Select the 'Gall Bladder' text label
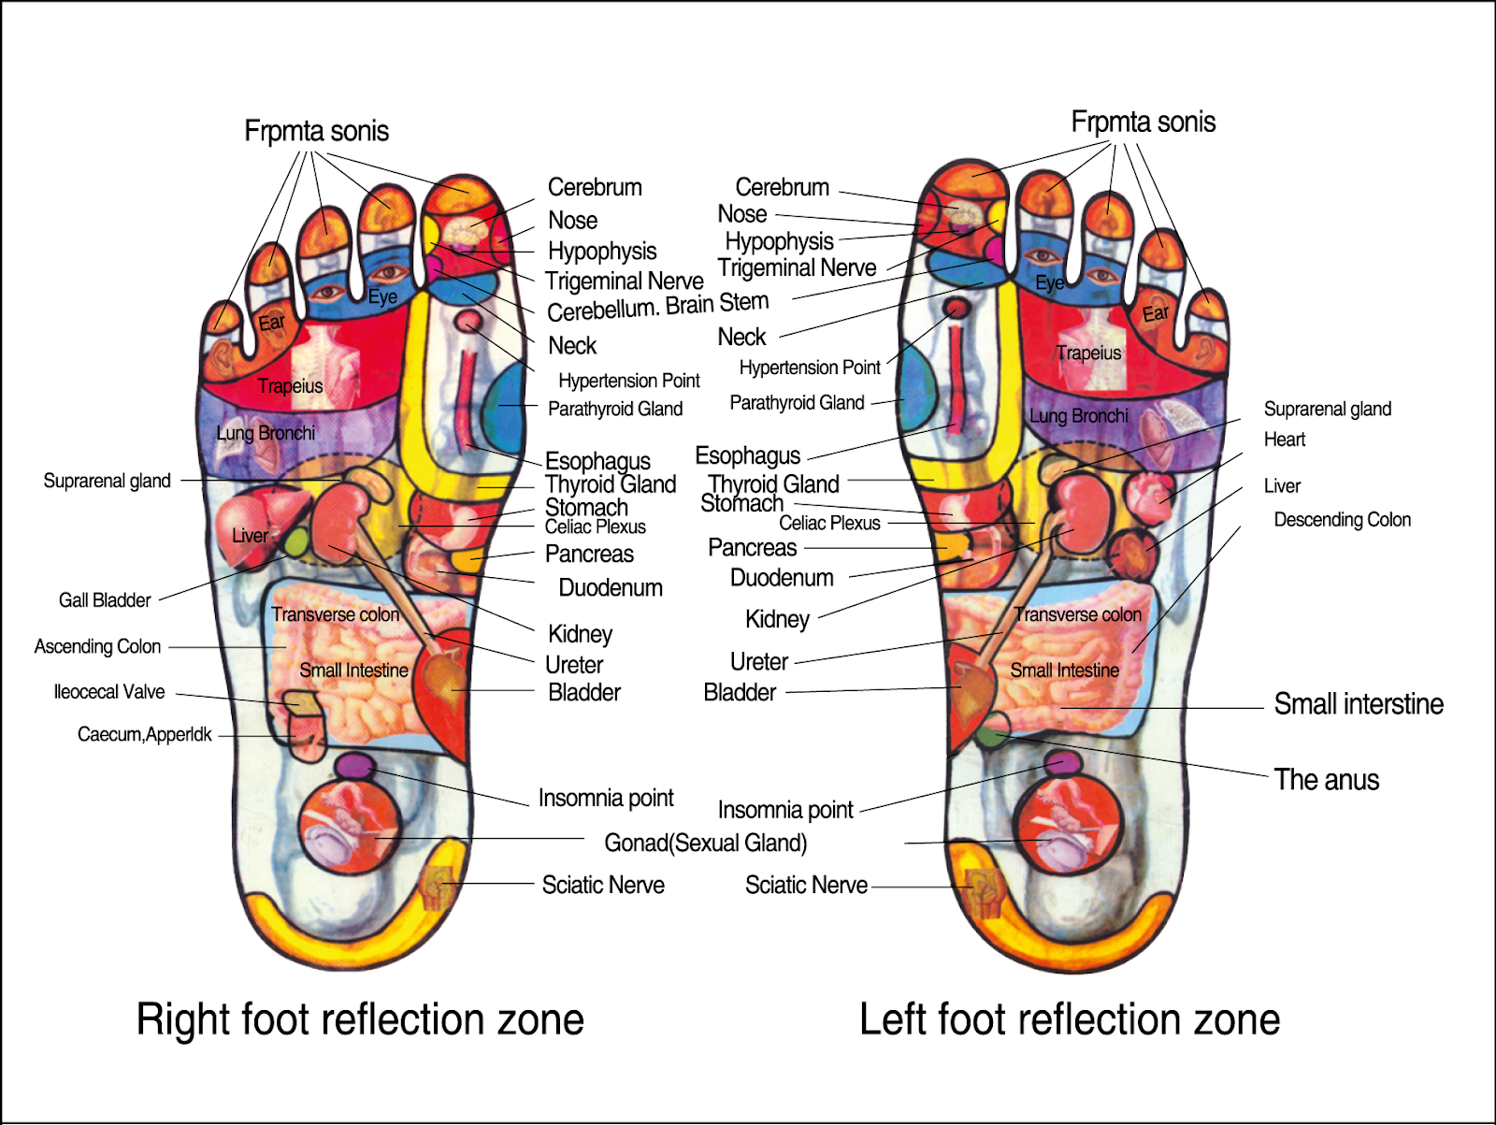pos(105,600)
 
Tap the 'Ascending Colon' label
pos(97,646)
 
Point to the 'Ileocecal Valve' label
pos(109,692)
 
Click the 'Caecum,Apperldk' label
pos(145,735)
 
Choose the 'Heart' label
pos(1285,440)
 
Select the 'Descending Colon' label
pos(1342,520)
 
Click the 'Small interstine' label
pos(1359,704)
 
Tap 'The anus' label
pos(1326,780)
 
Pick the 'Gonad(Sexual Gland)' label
pos(705,843)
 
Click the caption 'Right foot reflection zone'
pos(360,1019)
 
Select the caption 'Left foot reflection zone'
pos(1070,1019)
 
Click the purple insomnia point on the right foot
pos(353,766)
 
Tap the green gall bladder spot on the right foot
pos(295,542)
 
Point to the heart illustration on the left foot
pos(1150,494)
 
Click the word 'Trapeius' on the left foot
pos(1088,353)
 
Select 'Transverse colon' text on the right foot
pos(335,614)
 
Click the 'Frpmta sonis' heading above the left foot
pos(1143,122)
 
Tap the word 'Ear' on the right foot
pos(271,323)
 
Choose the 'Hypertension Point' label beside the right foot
pos(628,381)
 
